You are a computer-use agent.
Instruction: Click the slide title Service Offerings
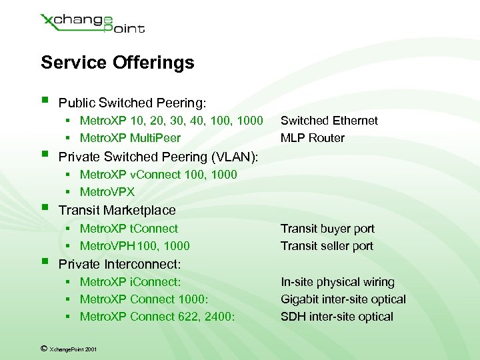(117, 63)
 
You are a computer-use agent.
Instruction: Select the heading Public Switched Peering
(133, 103)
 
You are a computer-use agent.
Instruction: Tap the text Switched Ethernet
(329, 121)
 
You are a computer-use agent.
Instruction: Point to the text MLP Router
(312, 138)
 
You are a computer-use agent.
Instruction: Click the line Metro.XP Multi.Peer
(130, 138)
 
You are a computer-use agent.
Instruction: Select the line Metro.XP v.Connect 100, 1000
(158, 175)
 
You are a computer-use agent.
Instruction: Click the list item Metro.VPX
(107, 192)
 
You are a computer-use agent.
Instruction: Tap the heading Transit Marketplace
(117, 210)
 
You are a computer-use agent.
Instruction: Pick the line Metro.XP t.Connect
(129, 229)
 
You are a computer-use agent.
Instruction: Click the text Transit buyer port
(327, 229)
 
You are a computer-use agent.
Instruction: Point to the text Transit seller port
(327, 246)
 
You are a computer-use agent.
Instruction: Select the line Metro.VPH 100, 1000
(135, 246)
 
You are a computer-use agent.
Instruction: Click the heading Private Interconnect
(120, 264)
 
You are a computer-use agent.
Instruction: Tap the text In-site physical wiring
(337, 282)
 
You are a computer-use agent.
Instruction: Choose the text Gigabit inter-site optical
(343, 299)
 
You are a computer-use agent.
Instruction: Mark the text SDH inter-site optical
(337, 317)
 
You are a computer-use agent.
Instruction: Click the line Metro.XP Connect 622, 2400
(157, 317)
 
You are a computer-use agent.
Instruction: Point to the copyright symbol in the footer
(43, 347)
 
